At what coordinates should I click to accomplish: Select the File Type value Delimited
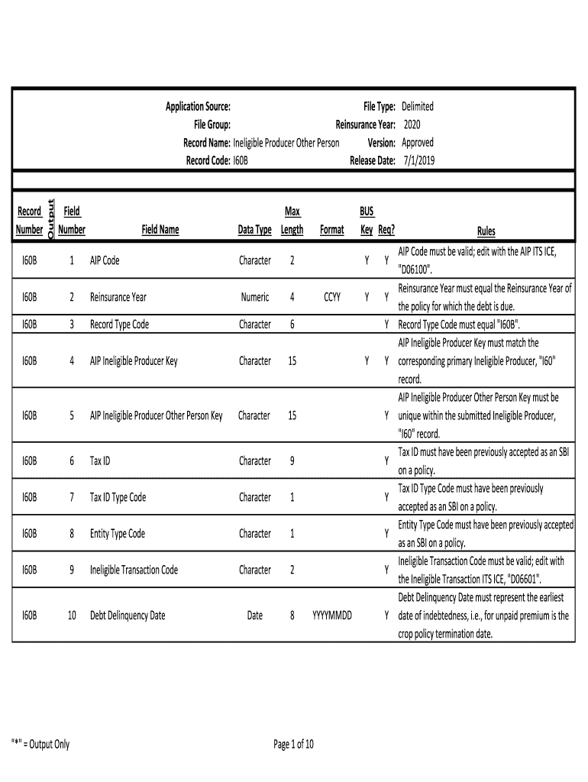(418, 106)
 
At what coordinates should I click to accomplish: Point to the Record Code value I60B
(241, 161)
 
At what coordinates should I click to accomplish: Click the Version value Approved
(418, 143)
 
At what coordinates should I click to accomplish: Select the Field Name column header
(160, 229)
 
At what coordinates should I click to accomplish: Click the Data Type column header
(254, 229)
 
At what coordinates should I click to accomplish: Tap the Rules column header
(486, 231)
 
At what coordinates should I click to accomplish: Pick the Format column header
(331, 229)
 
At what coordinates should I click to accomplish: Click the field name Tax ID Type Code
(118, 497)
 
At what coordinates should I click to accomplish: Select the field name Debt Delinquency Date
(128, 616)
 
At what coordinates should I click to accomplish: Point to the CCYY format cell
(331, 297)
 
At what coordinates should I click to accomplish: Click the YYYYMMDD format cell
(331, 616)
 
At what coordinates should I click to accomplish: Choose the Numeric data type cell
(254, 297)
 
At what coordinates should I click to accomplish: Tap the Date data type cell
(254, 616)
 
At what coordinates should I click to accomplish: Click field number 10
(71, 616)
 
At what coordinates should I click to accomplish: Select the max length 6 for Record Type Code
(292, 325)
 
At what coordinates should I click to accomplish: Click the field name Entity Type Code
(117, 534)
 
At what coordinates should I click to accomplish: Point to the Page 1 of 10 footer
(294, 745)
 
